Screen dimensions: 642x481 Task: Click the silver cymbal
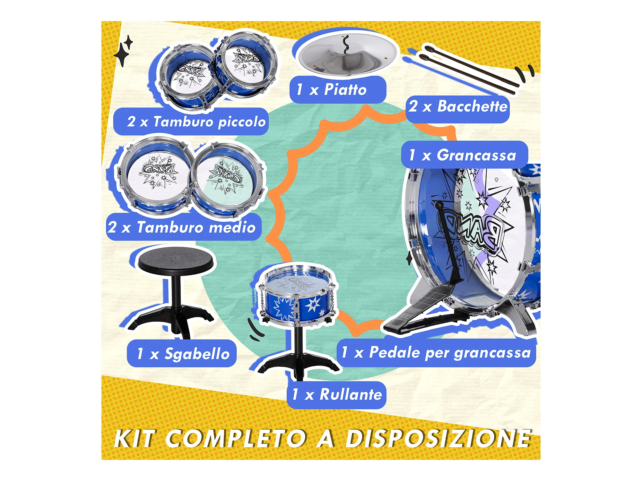pos(348,55)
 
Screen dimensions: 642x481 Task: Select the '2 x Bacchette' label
pos(458,106)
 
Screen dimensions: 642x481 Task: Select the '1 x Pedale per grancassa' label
pos(436,352)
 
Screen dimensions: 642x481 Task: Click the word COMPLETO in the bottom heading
pos(236,438)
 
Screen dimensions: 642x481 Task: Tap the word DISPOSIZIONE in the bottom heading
pos(438,438)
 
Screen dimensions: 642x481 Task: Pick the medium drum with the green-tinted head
pos(228,178)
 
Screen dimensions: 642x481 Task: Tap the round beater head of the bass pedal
pos(438,204)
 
